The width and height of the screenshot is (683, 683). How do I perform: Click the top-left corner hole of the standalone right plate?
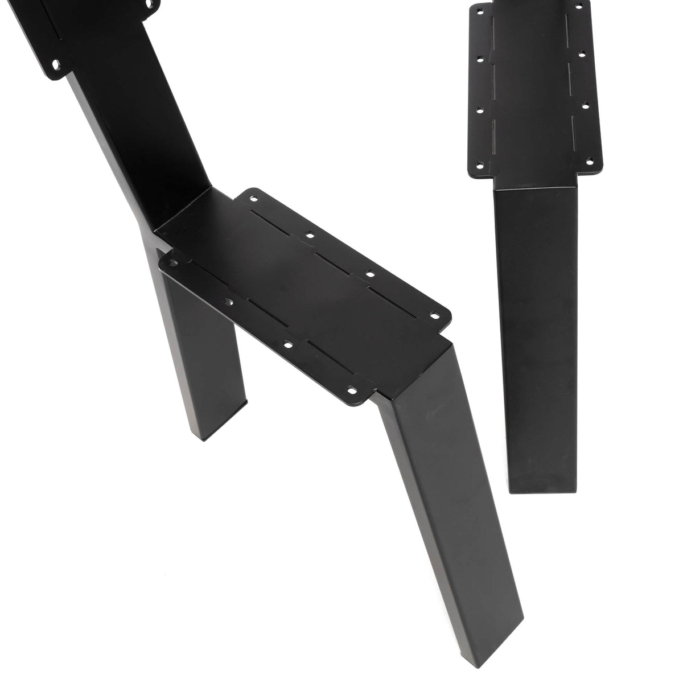(x=478, y=10)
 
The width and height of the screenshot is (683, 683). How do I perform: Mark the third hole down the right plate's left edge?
(x=480, y=109)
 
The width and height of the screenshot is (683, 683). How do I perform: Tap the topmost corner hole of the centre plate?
(x=253, y=199)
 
